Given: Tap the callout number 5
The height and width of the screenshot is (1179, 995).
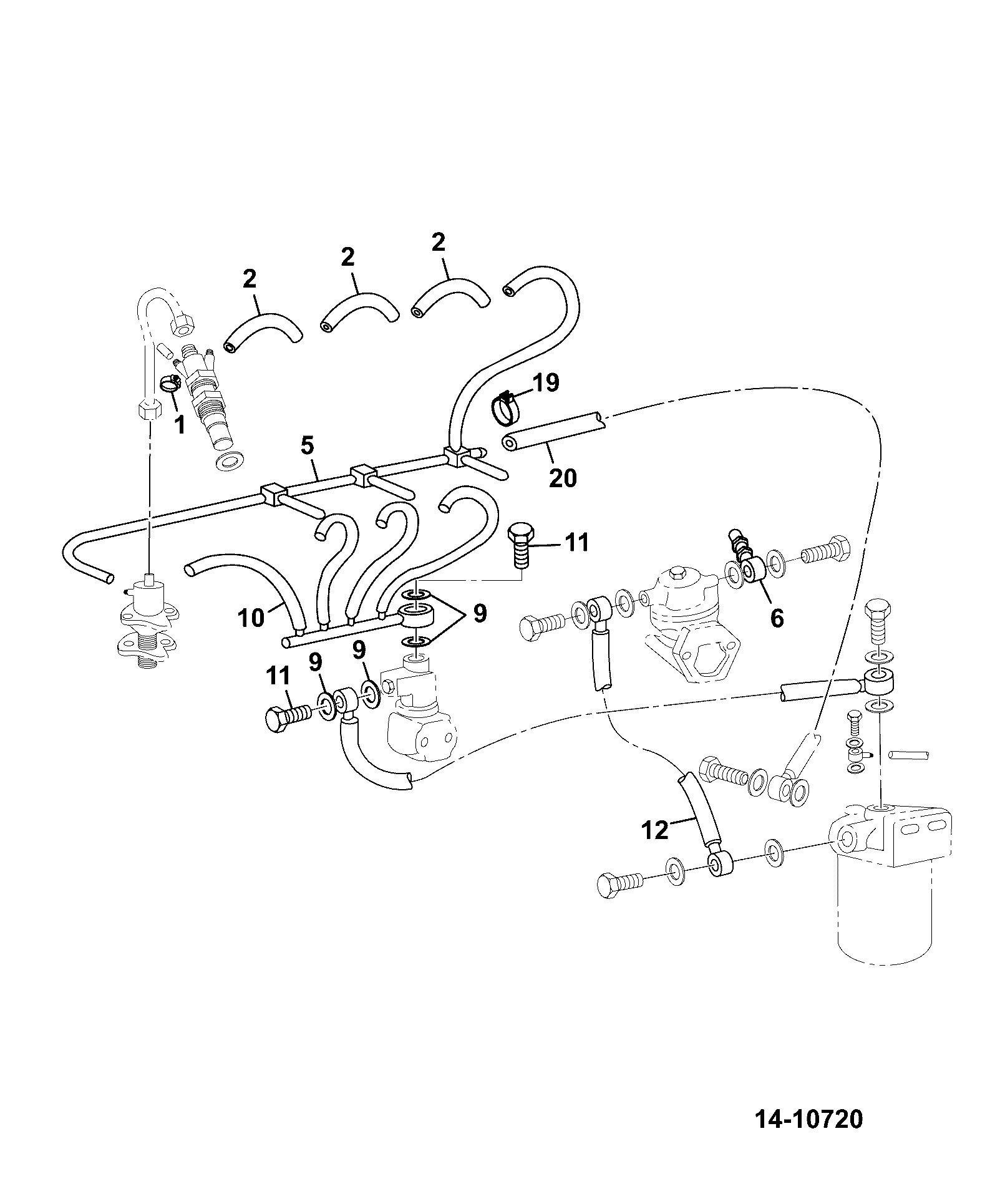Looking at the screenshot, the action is point(307,447).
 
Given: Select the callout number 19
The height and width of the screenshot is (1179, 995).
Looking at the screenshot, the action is point(546,382).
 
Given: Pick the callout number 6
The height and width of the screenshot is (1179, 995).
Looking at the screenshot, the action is point(777,618).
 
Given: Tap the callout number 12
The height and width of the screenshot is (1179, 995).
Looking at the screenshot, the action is point(655,830).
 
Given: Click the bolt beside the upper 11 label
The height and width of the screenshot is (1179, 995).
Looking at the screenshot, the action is point(519,545).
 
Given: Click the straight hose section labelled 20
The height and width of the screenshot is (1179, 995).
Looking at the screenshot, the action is point(553,430).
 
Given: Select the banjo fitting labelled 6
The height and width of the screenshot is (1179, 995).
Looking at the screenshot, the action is point(753,569).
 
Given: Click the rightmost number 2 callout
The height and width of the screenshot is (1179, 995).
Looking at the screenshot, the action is point(439,243).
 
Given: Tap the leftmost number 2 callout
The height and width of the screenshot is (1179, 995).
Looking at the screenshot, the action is point(250,279).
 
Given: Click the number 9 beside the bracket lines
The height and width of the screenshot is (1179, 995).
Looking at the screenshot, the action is point(479,614).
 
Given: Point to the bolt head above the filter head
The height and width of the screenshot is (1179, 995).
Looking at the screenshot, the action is point(876,614).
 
